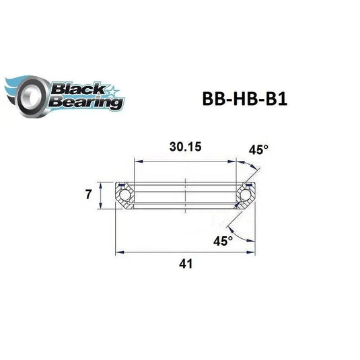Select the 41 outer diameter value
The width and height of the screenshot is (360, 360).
tap(183, 264)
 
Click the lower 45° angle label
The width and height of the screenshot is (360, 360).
tap(223, 240)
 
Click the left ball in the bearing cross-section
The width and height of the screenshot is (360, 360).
tap(125, 196)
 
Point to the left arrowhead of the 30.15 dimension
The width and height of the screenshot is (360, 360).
tap(137, 161)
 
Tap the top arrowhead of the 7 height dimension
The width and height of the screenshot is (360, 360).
tap(101, 184)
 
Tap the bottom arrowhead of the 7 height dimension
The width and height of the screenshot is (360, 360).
tap(101, 209)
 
